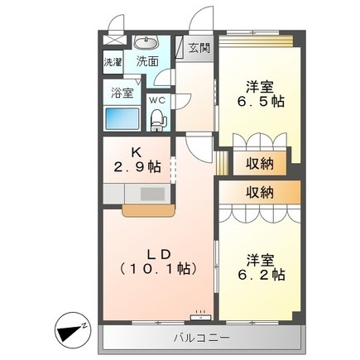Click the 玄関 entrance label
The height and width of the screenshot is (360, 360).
(199, 47)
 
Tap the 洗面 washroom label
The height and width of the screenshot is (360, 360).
(148, 61)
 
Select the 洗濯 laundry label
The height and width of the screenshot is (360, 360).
(113, 62)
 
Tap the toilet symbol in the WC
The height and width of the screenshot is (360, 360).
(157, 120)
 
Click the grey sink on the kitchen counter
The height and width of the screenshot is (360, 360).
(152, 195)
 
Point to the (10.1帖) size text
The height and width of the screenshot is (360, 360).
(157, 267)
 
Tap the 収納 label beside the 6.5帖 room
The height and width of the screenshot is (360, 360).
(260, 163)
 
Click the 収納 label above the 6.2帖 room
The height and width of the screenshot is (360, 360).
(260, 192)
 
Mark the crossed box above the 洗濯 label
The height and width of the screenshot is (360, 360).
(113, 41)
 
